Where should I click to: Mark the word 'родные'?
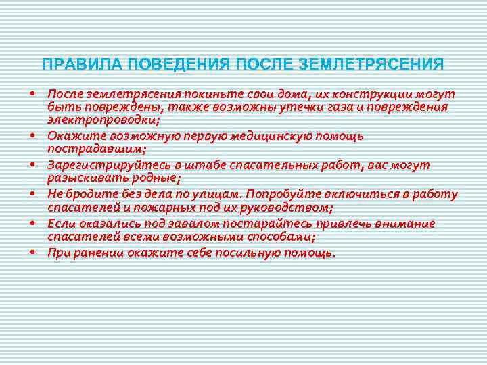pyautogui.click(x=154, y=178)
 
